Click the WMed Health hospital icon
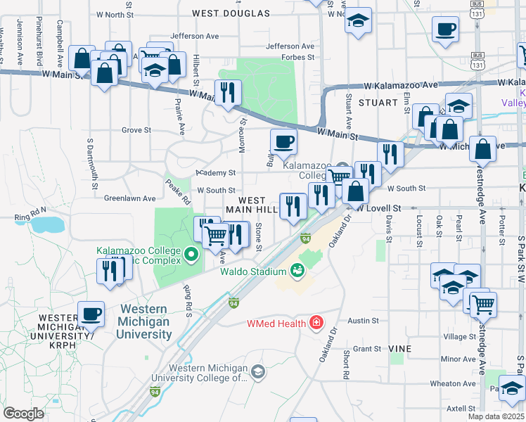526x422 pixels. pyautogui.click(x=316, y=323)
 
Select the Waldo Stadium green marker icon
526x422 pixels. pyautogui.click(x=297, y=270)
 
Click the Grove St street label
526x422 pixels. pyautogui.click(x=136, y=130)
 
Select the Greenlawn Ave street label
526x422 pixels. pyautogui.click(x=129, y=199)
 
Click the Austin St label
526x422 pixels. pyautogui.click(x=364, y=320)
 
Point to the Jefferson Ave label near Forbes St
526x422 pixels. pyautogui.click(x=290, y=46)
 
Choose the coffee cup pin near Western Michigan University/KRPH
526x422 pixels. pyautogui.click(x=91, y=314)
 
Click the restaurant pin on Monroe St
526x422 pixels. pyautogui.click(x=227, y=92)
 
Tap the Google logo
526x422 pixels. pyautogui.click(x=24, y=414)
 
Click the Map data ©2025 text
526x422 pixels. pyautogui.click(x=496, y=416)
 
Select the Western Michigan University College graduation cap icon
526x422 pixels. pyautogui.click(x=258, y=371)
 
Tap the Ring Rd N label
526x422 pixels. pyautogui.click(x=30, y=210)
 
